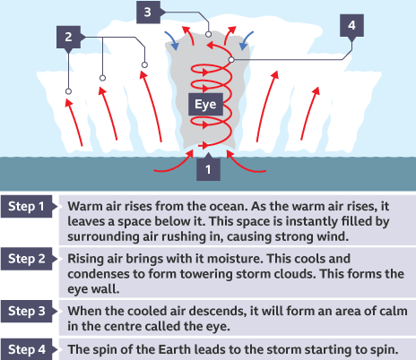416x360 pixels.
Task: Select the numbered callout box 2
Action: [x=68, y=37]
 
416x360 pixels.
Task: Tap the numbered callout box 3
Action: [x=148, y=13]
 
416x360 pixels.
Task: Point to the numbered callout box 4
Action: [x=351, y=26]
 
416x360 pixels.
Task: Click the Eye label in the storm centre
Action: [x=205, y=104]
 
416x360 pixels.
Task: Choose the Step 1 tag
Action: [x=27, y=206]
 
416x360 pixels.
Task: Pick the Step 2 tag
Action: [x=27, y=259]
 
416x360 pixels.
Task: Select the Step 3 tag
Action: [x=27, y=311]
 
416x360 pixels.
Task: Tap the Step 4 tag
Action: [x=27, y=349]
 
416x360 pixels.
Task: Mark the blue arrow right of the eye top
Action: [x=246, y=41]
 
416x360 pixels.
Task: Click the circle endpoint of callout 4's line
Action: [x=231, y=60]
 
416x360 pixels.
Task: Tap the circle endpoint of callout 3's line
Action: [x=208, y=34]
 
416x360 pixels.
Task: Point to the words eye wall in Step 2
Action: [x=93, y=289]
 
